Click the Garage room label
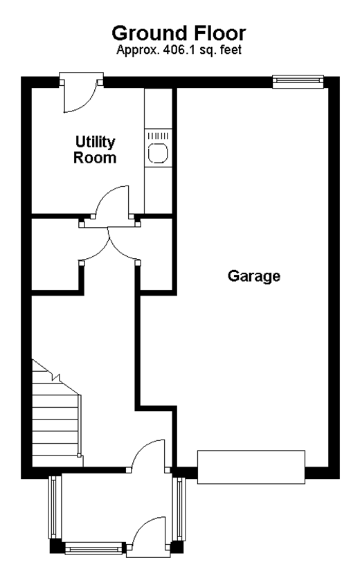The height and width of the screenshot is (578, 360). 254,276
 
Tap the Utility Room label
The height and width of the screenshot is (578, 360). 95,150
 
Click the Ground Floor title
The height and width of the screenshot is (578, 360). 179,33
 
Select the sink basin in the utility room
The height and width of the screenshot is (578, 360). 158,153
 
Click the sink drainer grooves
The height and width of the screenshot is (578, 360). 158,136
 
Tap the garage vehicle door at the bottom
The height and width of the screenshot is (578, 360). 251,467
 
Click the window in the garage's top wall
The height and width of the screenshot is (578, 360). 298,82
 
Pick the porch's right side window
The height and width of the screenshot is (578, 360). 179,509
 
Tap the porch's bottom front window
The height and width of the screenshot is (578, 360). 93,548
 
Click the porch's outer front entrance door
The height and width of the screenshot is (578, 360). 148,534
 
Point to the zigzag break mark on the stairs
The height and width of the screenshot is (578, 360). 57,377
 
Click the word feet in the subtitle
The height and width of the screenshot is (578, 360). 231,49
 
